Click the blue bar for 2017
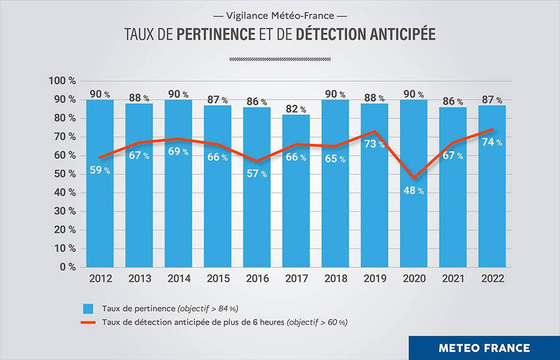pos(296,213)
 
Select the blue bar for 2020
pos(413,229)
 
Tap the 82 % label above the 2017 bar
pos(295,109)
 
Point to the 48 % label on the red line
pos(413,190)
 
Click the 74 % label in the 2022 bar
pos(492,142)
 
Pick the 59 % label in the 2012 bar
pos(100,170)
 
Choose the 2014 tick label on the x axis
pos(178,278)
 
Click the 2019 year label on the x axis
pos(374,278)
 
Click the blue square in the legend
pos(88,309)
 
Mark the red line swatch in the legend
pos(88,323)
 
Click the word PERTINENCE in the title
pos(215,34)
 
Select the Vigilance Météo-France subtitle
pos(279,15)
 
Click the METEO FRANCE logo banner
pos(484,348)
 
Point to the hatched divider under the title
pos(279,59)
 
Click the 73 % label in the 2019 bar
pos(374,145)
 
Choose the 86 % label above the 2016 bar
pos(257,101)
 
